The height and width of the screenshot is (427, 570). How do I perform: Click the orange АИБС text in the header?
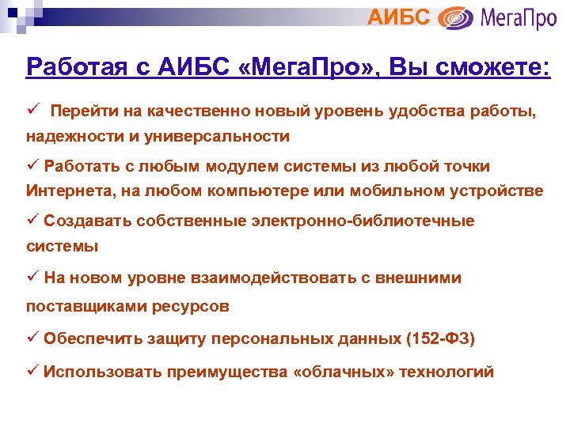point(400,16)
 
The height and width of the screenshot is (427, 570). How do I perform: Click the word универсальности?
point(215,136)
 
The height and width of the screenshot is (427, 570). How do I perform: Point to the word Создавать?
point(87,221)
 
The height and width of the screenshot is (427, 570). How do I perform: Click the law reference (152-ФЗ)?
point(440,339)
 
